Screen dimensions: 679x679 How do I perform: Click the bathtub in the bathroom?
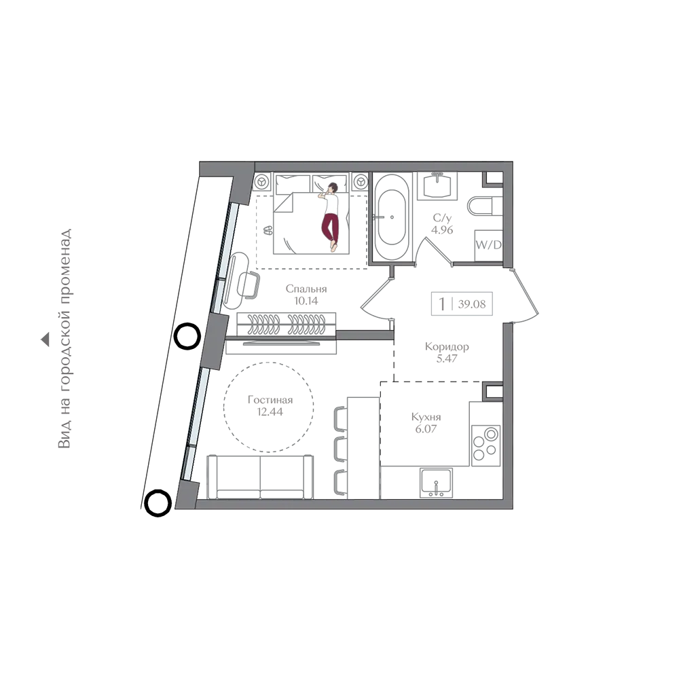click(x=392, y=217)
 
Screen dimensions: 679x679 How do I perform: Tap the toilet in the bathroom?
click(x=485, y=206)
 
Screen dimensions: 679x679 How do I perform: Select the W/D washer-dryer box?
click(x=488, y=245)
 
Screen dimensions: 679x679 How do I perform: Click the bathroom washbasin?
click(x=437, y=186)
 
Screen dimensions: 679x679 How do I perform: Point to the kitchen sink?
click(x=436, y=482)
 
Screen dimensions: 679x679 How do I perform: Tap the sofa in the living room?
click(x=260, y=477)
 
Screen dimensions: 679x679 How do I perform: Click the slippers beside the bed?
click(x=268, y=230)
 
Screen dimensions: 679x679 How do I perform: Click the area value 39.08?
click(x=472, y=304)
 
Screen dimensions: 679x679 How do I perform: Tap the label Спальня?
click(x=306, y=289)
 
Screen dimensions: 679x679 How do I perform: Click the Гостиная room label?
click(x=270, y=400)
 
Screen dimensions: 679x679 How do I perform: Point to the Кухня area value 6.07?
click(x=426, y=428)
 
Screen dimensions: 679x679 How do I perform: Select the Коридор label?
click(x=447, y=346)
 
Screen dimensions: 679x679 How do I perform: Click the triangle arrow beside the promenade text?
click(x=45, y=340)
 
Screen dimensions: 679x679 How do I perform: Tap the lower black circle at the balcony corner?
click(x=158, y=503)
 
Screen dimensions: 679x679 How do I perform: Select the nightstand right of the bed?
click(x=360, y=182)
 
